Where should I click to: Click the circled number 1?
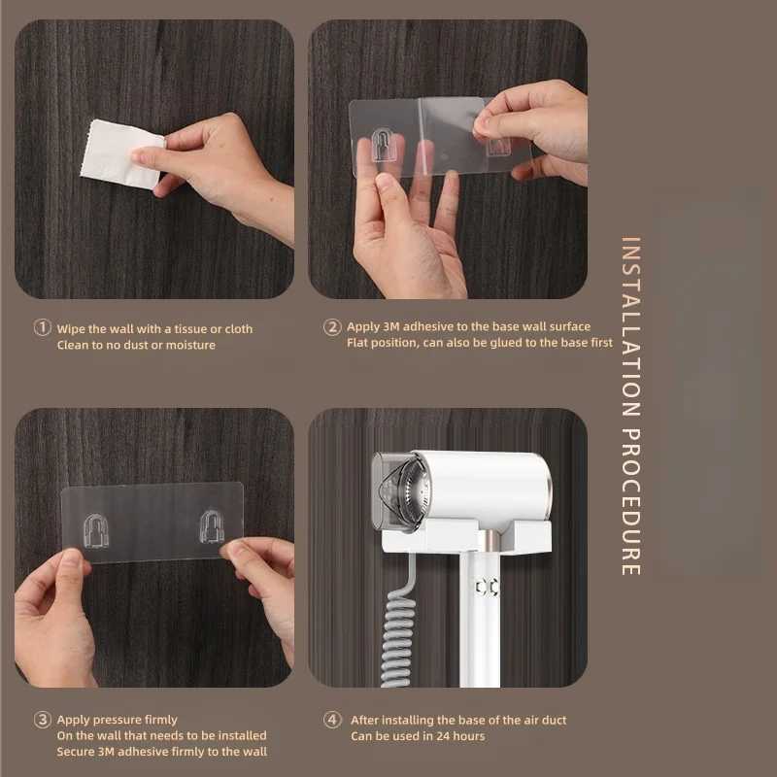click(42, 327)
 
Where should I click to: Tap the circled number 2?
click(332, 327)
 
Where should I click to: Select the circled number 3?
click(42, 720)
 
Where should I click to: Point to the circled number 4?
click(332, 720)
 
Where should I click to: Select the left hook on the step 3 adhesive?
click(94, 530)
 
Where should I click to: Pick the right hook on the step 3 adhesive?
click(212, 526)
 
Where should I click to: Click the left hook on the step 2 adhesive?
click(383, 145)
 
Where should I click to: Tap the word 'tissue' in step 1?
click(189, 328)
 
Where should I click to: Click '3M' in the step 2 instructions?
click(391, 326)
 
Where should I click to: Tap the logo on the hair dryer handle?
click(487, 588)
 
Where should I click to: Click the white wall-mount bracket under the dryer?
click(466, 536)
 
